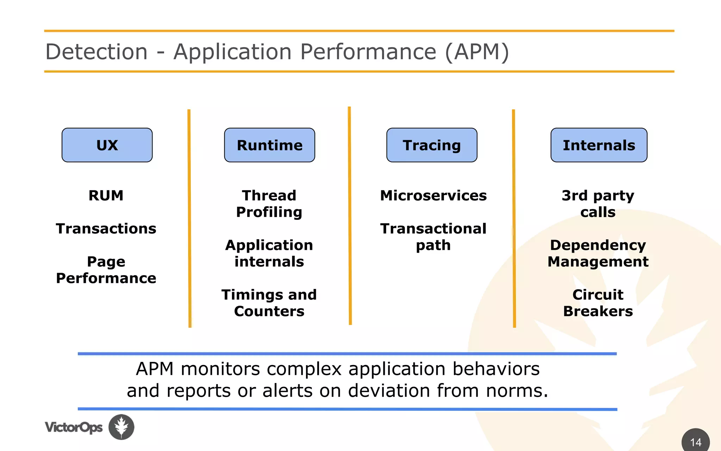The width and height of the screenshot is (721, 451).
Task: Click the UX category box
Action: [107, 145]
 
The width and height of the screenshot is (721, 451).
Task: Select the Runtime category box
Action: [269, 145]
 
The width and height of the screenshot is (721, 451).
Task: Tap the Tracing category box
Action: [432, 145]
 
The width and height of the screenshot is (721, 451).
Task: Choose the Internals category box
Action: [598, 145]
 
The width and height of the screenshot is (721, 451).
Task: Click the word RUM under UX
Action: [106, 196]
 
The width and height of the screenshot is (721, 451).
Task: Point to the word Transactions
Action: [106, 229]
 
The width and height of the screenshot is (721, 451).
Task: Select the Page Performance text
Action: [106, 270]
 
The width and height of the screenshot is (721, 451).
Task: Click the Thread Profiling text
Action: [269, 204]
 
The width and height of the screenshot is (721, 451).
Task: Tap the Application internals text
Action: [269, 253]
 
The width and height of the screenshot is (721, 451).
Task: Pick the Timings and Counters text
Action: [269, 303]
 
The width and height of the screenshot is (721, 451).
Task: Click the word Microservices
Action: [433, 196]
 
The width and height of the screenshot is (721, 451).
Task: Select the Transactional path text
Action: [433, 237]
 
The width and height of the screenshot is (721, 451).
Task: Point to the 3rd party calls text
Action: [598, 204]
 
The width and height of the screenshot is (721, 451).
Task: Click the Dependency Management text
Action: [598, 253]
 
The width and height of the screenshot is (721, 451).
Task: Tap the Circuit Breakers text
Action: [598, 303]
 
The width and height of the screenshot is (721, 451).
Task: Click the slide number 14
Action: [696, 442]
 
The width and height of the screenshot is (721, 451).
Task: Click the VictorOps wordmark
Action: [74, 427]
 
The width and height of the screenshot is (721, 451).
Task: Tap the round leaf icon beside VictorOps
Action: [121, 427]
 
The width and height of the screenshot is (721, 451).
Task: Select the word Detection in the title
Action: [96, 52]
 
